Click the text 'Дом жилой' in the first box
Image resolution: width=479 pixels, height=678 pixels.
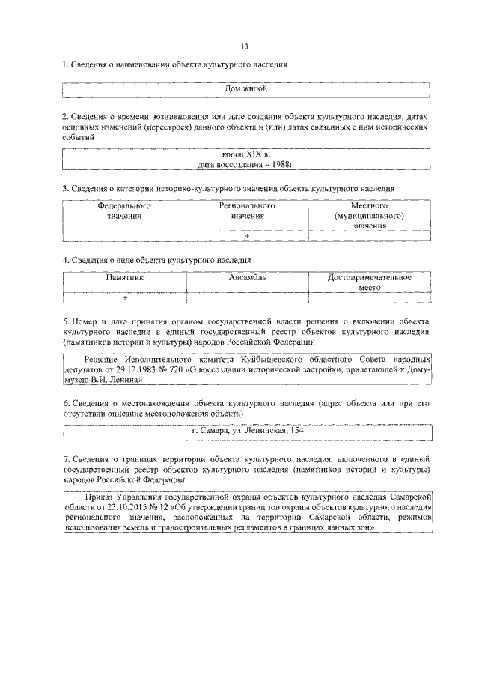(x=246, y=89)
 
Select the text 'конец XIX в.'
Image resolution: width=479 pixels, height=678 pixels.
(x=246, y=154)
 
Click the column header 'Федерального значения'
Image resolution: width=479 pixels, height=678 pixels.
(x=123, y=210)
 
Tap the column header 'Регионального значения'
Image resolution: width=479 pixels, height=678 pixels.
(x=246, y=210)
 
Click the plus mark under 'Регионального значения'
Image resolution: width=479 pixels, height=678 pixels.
(x=246, y=236)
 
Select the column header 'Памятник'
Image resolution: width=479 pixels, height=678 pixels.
(x=123, y=277)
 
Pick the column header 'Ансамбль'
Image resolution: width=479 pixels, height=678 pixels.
(x=246, y=277)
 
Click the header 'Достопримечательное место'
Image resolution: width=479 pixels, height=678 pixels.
(x=370, y=282)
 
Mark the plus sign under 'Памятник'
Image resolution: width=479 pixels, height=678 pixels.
(x=124, y=297)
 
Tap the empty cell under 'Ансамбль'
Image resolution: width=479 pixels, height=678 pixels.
(x=246, y=297)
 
